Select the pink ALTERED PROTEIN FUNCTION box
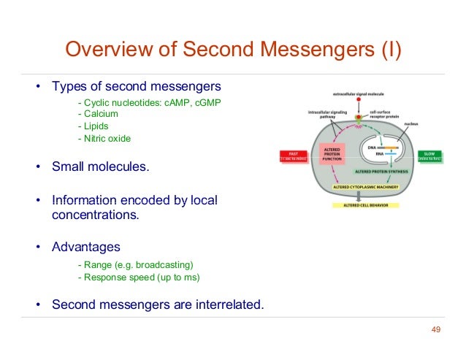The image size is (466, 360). (332, 155)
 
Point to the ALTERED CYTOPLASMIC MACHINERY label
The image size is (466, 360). (359, 187)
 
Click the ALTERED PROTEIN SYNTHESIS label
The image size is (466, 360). (381, 171)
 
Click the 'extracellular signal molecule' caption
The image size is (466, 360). (358, 95)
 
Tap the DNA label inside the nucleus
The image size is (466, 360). (372, 147)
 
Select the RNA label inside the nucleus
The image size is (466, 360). (372, 154)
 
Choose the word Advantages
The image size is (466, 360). (85, 247)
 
